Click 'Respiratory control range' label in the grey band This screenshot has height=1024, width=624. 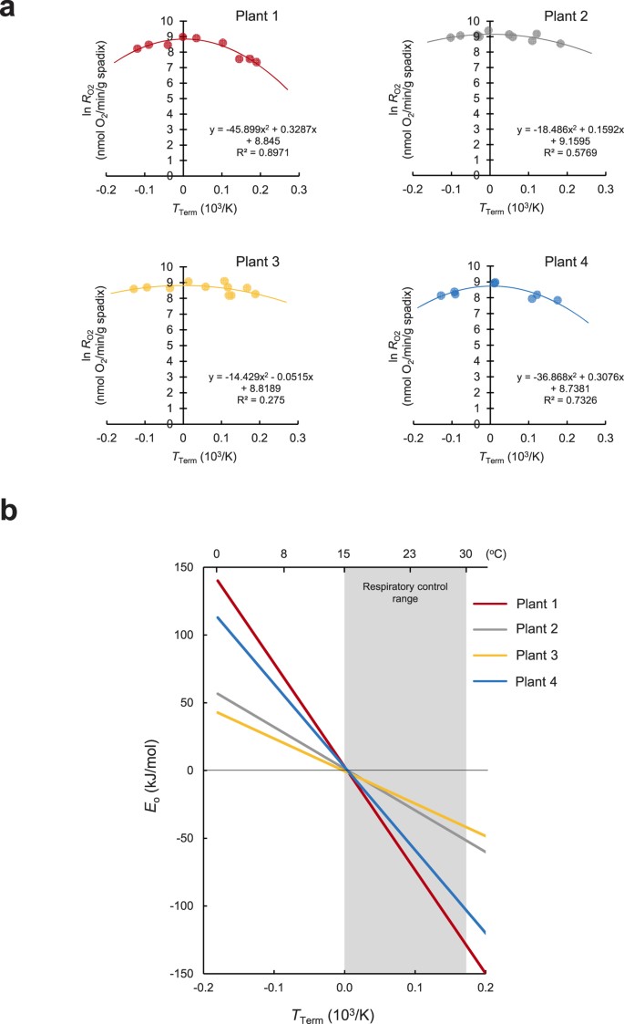(x=404, y=595)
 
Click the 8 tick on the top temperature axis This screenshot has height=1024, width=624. (x=284, y=553)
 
